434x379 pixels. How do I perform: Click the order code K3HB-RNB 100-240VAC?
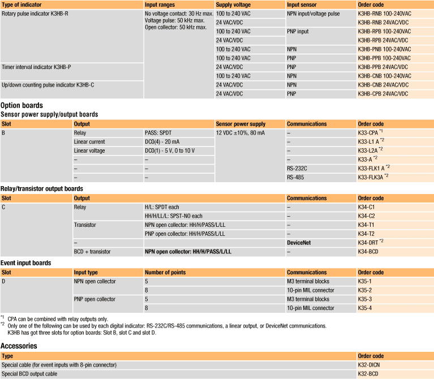tap(384, 14)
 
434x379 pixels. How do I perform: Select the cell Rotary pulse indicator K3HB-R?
tap(35, 14)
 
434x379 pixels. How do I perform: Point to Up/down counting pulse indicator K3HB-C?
tap(48, 85)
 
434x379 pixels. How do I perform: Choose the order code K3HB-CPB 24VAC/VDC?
tap(383, 93)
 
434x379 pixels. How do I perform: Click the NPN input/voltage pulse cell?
tap(313, 14)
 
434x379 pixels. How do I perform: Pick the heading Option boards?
tap(22, 105)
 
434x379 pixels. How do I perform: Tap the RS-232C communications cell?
tap(298, 168)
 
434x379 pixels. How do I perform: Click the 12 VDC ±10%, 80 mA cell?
tap(240, 132)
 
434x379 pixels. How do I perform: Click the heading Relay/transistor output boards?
tap(42, 188)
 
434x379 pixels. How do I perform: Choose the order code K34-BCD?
tap(369, 251)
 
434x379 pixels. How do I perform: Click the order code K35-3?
tap(365, 299)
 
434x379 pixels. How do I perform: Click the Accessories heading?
tap(20, 346)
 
